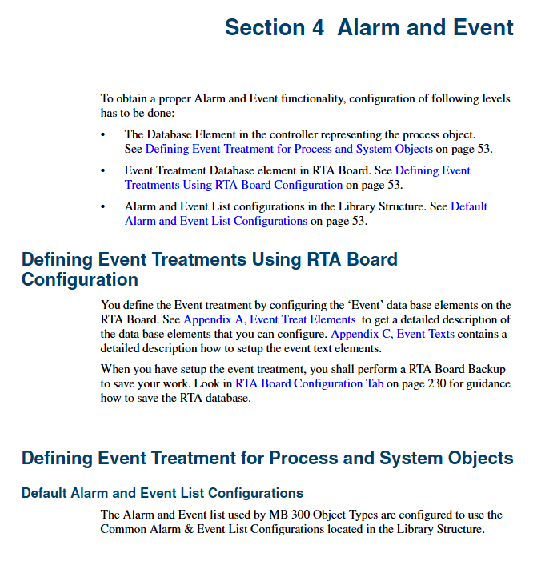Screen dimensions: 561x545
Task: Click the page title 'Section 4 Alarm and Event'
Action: click(x=369, y=27)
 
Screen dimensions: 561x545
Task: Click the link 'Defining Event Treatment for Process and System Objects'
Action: click(x=289, y=149)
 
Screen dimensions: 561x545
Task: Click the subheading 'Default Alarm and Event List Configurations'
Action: click(x=162, y=492)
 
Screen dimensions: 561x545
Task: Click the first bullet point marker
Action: click(x=103, y=134)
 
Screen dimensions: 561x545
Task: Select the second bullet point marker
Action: click(x=103, y=170)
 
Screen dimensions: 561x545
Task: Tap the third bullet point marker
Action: click(x=103, y=206)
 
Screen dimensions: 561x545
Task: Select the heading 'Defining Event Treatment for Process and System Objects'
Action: click(x=267, y=459)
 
